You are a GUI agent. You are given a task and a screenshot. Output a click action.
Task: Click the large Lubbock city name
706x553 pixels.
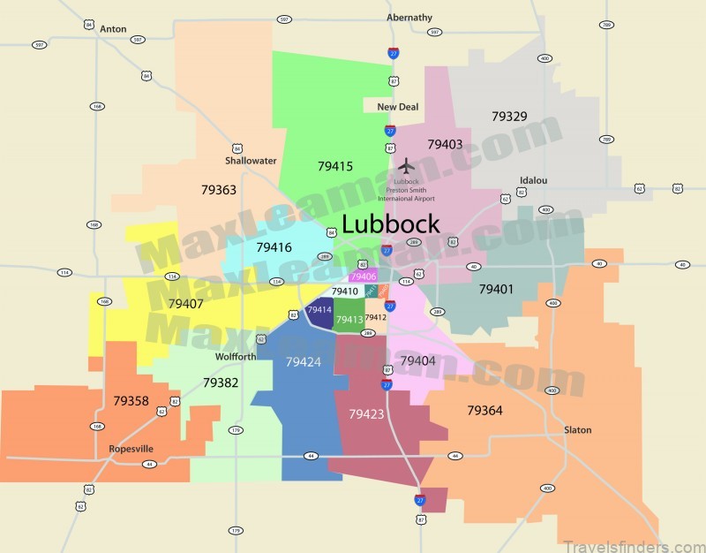coord(390,224)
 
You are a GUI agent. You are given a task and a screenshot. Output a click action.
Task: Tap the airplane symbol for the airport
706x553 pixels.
coord(406,166)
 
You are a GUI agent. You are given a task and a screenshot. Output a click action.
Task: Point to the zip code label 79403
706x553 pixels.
coord(445,144)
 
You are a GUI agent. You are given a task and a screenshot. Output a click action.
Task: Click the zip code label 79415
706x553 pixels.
coord(335,166)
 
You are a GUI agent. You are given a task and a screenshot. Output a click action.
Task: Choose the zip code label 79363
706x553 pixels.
coord(218,190)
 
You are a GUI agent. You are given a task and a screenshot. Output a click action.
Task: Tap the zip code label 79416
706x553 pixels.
coord(274,248)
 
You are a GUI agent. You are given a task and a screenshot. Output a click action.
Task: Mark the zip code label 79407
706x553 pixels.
coord(185,304)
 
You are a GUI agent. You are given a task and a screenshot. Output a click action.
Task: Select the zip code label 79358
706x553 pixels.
coord(131,401)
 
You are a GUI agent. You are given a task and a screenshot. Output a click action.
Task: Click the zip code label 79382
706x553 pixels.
coord(221,383)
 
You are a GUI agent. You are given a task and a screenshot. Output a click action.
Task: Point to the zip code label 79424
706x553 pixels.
coord(304,361)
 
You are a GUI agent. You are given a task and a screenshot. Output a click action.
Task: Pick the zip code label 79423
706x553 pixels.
coord(366,413)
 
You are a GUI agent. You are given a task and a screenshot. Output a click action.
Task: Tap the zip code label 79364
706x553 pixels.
coord(484,411)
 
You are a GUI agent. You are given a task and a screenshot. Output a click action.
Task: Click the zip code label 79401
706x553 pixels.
coord(496,289)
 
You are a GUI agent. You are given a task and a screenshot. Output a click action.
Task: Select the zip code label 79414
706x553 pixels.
coord(319,310)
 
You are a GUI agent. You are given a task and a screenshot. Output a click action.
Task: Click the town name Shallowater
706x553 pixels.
coord(251,161)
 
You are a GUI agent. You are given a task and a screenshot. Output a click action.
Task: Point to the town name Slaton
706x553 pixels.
coord(578,430)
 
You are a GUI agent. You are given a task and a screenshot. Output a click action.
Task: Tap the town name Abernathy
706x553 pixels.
coord(409,18)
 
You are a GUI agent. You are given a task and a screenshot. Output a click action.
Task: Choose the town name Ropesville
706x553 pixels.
coord(131,449)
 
